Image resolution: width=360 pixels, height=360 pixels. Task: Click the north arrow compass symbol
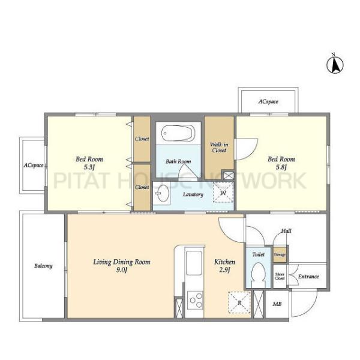(x=335, y=65)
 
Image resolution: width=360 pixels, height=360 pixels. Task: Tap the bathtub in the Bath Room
(x=178, y=133)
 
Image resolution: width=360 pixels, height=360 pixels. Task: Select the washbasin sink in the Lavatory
(x=162, y=193)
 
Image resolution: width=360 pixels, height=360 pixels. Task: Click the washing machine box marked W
(x=223, y=193)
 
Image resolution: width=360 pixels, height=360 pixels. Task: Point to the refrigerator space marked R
(x=239, y=302)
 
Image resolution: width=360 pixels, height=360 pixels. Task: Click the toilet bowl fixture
(x=258, y=275)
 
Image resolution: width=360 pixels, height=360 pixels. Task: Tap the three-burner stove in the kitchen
(x=194, y=301)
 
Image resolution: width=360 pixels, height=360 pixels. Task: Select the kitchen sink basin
(x=194, y=263)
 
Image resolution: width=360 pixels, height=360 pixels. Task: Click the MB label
(x=277, y=304)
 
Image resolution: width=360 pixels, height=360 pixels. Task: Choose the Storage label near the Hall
(x=280, y=254)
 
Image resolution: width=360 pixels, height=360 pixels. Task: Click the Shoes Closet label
(x=280, y=276)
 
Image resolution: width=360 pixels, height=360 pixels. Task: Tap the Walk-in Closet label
(x=219, y=148)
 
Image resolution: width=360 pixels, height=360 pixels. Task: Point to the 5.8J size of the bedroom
(x=281, y=167)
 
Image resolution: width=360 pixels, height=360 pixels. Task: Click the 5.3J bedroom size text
(x=89, y=167)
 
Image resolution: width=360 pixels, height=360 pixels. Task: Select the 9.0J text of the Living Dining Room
(x=122, y=270)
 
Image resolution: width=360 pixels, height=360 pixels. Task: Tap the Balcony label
(x=43, y=266)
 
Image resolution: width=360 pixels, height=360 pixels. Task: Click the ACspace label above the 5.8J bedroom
(x=268, y=101)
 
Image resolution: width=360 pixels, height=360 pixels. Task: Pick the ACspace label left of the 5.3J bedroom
(x=34, y=166)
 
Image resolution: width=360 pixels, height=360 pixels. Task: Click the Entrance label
(x=308, y=277)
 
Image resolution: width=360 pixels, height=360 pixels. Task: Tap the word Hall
(x=286, y=231)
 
